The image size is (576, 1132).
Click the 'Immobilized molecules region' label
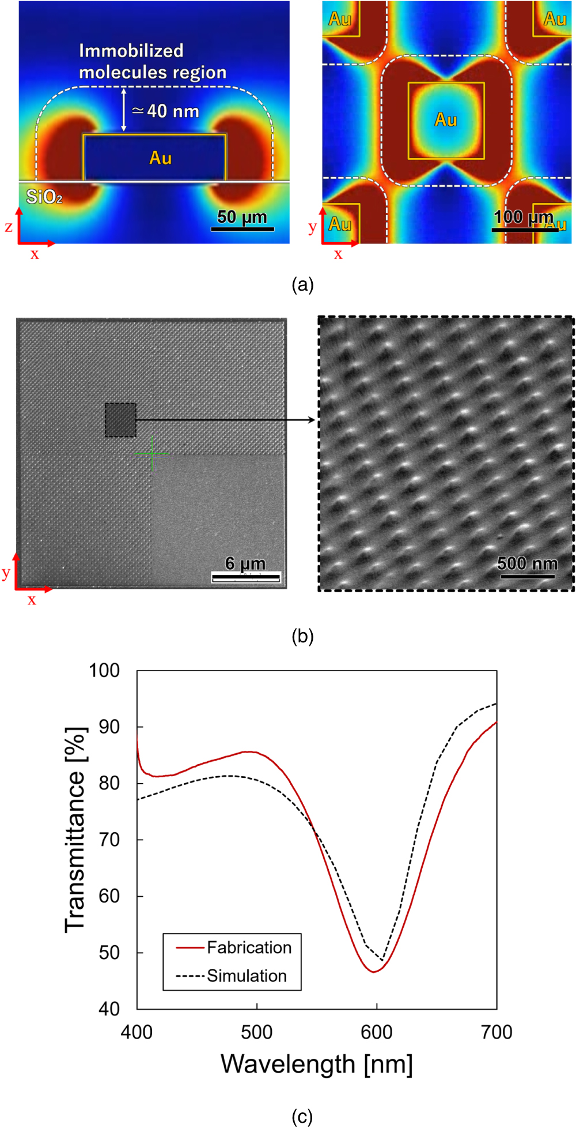153,61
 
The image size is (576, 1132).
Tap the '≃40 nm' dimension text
166,111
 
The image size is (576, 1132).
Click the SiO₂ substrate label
44,197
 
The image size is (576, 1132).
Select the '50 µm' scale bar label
242,217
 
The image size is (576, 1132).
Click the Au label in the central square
446,120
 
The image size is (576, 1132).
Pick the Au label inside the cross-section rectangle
160,158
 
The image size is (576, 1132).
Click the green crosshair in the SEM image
152,454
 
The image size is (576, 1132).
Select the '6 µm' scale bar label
245,563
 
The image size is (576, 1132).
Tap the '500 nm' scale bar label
527,563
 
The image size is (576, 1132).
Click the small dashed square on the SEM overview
120,420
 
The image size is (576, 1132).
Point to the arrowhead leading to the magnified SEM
312,420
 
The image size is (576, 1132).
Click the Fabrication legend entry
249,947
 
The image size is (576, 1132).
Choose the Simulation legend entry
247,976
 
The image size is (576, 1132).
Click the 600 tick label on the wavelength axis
377,1032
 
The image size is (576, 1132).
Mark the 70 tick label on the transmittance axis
109,840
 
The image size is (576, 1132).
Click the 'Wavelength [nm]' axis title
316,1064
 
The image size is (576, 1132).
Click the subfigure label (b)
302,636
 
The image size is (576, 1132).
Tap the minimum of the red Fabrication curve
374,972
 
